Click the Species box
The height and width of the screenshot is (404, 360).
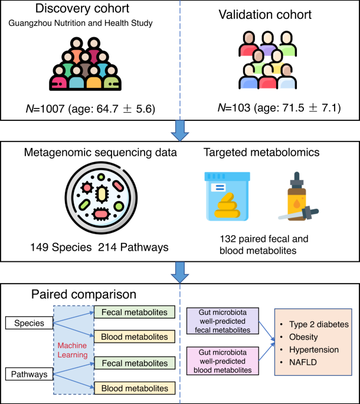click(x=29, y=323)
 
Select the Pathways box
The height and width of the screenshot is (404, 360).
click(x=29, y=374)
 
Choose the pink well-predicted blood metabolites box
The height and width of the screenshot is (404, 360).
click(x=220, y=360)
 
